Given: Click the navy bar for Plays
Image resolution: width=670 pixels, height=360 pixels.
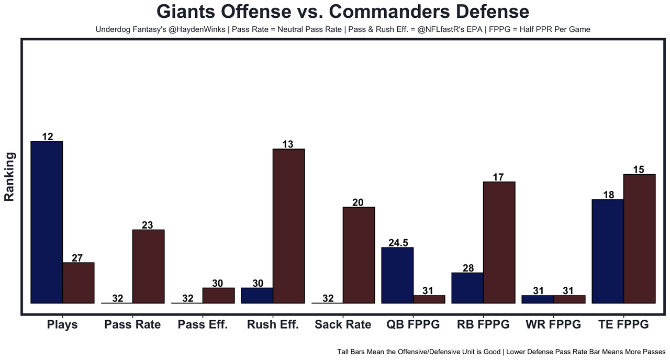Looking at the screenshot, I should click(47, 222).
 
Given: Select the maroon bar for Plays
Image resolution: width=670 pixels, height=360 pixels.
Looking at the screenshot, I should click(79, 283).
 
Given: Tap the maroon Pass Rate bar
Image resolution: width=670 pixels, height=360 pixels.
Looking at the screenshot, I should click(149, 266).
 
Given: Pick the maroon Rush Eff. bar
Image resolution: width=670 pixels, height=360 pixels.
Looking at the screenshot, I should click(288, 226).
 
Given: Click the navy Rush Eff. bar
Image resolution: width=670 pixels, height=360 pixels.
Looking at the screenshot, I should click(257, 295).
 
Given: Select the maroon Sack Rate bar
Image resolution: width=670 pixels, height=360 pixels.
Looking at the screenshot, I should click(359, 255).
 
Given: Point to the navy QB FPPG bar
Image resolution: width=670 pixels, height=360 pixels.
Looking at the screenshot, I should click(397, 275).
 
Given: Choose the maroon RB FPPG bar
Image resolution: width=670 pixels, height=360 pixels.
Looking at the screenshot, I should click(499, 242).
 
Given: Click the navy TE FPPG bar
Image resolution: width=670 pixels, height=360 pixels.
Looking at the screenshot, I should click(608, 251).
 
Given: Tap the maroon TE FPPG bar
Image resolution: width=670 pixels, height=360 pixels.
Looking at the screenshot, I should click(640, 238).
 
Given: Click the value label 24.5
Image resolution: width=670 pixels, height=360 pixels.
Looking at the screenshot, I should click(398, 243).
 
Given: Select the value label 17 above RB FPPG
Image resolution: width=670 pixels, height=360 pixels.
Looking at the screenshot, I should click(498, 177).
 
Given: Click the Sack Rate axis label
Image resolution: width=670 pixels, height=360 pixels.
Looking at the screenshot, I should click(343, 324).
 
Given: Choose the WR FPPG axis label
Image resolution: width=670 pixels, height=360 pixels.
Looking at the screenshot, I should click(553, 324).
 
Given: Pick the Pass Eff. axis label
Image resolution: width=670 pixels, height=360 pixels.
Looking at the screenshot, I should click(203, 324).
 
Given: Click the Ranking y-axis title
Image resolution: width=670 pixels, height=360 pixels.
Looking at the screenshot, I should click(9, 176).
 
